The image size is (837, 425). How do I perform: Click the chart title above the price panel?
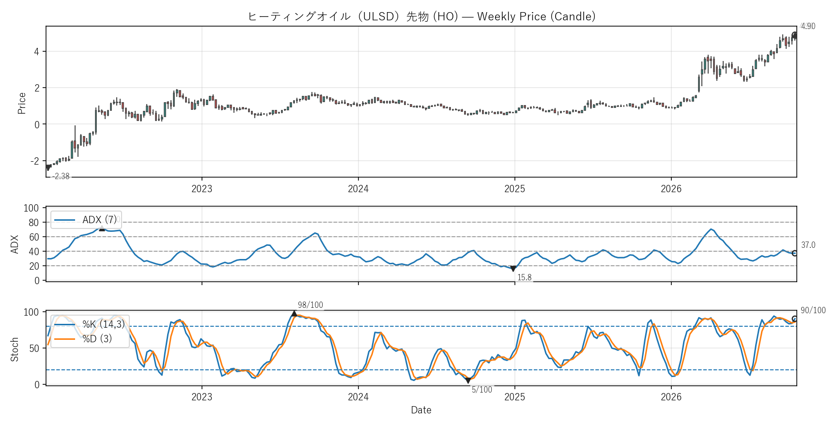click(x=421, y=16)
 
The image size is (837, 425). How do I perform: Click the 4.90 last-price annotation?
click(x=808, y=26)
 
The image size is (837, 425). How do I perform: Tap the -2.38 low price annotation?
click(x=61, y=176)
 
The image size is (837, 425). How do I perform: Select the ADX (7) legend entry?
click(x=86, y=220)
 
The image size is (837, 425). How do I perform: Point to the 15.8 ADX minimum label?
click(x=525, y=277)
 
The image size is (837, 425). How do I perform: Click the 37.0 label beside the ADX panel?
click(x=808, y=245)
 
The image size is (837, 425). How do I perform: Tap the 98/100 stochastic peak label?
click(x=310, y=305)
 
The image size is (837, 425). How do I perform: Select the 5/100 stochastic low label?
click(x=482, y=390)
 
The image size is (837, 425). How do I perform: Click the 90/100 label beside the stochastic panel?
click(x=813, y=310)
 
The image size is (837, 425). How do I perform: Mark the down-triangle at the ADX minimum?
click(x=513, y=269)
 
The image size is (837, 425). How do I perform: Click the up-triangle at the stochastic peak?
click(x=294, y=314)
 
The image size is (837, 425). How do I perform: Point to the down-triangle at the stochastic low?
click(x=468, y=381)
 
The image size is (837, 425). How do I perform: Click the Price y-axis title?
click(x=22, y=103)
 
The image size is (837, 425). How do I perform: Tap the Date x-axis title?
click(x=421, y=410)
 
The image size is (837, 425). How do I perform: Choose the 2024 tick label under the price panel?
click(x=358, y=189)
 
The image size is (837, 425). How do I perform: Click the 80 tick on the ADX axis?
click(x=34, y=223)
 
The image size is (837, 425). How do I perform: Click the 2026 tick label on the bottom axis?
click(x=671, y=397)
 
